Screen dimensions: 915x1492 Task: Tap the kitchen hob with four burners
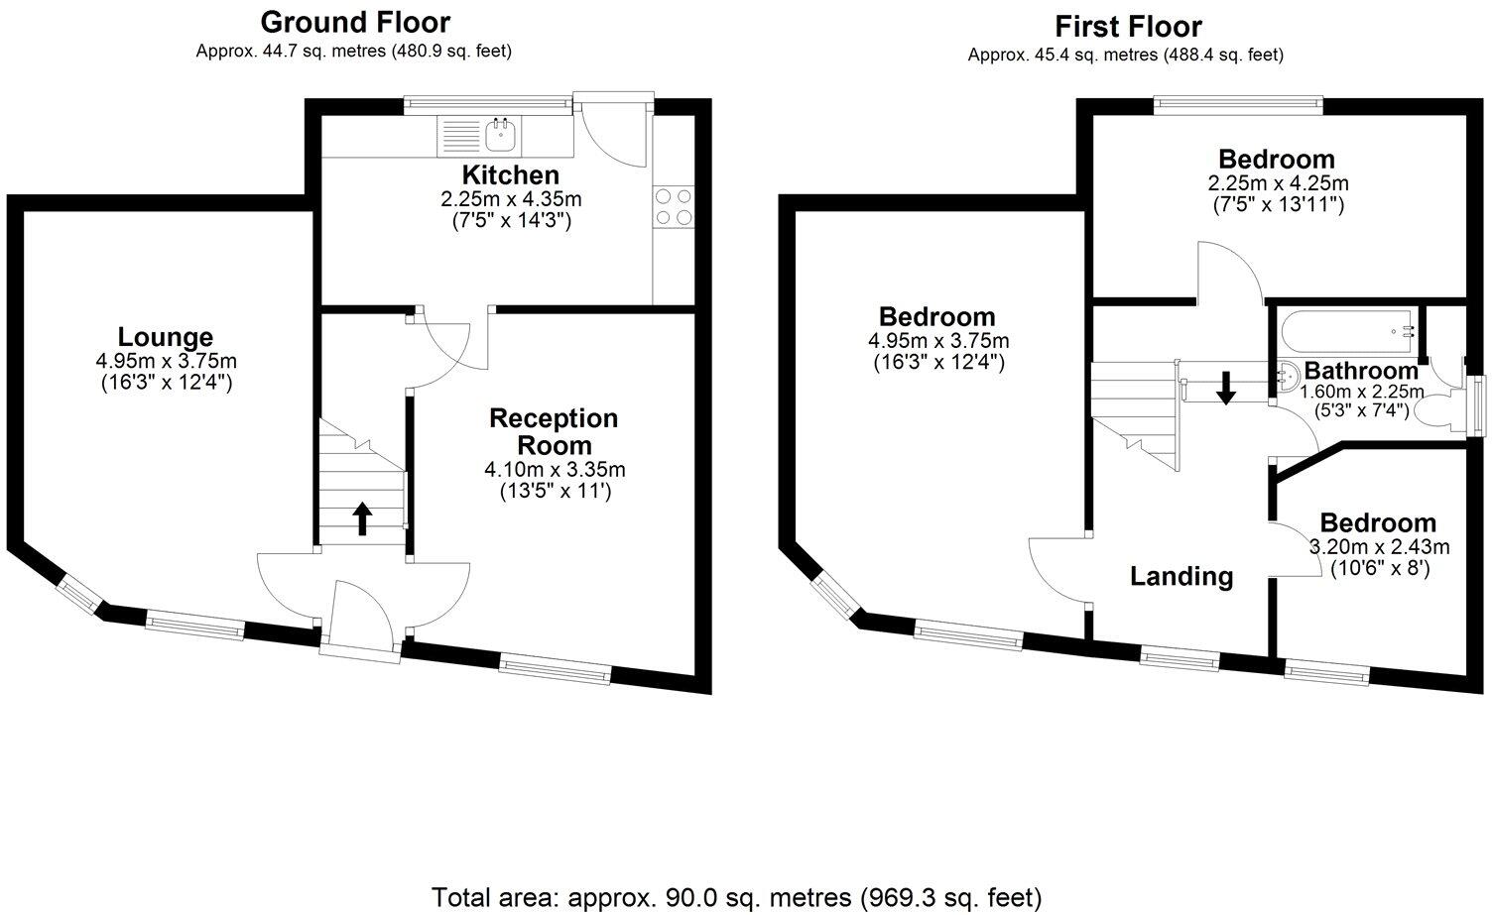pos(673,206)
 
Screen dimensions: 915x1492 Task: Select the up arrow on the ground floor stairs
pos(362,518)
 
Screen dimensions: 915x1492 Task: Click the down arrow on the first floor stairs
pos(1226,388)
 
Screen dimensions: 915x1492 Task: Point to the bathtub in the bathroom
pos(1347,327)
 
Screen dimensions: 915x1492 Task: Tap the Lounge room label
pos(166,337)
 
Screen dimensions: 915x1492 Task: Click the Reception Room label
pos(554,431)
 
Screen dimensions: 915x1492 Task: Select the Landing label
pos(1181,576)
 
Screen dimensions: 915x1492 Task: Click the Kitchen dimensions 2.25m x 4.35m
pos(511,199)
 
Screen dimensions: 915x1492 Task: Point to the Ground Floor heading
pos(354,22)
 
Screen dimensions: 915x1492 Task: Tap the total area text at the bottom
pos(736,898)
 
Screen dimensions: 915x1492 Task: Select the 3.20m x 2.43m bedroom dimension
pos(1380,547)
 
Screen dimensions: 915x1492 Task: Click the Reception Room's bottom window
pos(555,671)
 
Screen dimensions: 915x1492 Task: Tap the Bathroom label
pos(1360,372)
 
